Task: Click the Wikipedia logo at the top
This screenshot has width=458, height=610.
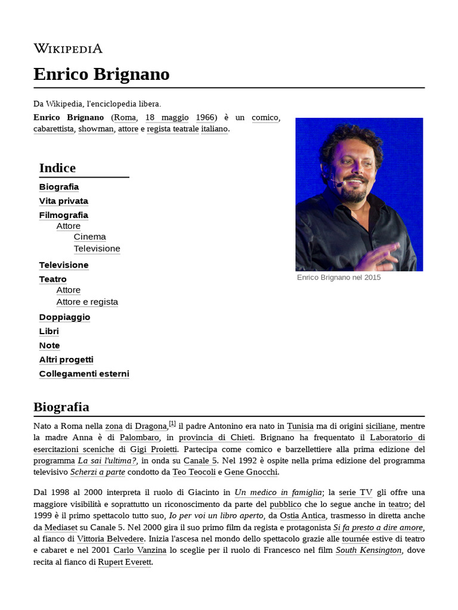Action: pyautogui.click(x=68, y=49)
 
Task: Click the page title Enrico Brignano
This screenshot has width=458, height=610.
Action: pyautogui.click(x=101, y=74)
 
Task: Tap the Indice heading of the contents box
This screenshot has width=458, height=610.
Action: pyautogui.click(x=57, y=168)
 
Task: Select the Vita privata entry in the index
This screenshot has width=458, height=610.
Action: pyautogui.click(x=63, y=201)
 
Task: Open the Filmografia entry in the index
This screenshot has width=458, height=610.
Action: pyautogui.click(x=63, y=215)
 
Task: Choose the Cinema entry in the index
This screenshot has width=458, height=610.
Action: pyautogui.click(x=89, y=236)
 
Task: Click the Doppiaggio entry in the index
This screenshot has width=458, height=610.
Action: pyautogui.click(x=64, y=317)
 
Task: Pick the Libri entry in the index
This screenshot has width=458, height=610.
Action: pyautogui.click(x=49, y=331)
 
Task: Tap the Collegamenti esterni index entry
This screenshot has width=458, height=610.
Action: pyautogui.click(x=84, y=374)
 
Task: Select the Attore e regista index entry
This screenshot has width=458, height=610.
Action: pyautogui.click(x=87, y=302)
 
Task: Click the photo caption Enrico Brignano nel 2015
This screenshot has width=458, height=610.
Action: pyautogui.click(x=338, y=278)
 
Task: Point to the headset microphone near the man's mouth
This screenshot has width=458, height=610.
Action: pyautogui.click(x=338, y=185)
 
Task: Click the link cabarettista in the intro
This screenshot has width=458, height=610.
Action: pyautogui.click(x=54, y=129)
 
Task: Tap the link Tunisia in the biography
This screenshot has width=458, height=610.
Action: pyautogui.click(x=300, y=427)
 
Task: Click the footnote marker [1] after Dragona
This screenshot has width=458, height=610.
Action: pyautogui.click(x=172, y=424)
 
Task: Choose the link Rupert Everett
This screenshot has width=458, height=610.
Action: pyautogui.click(x=125, y=562)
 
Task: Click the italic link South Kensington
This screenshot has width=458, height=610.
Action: pyautogui.click(x=369, y=550)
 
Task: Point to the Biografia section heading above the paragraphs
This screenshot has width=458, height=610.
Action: pyautogui.click(x=61, y=407)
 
